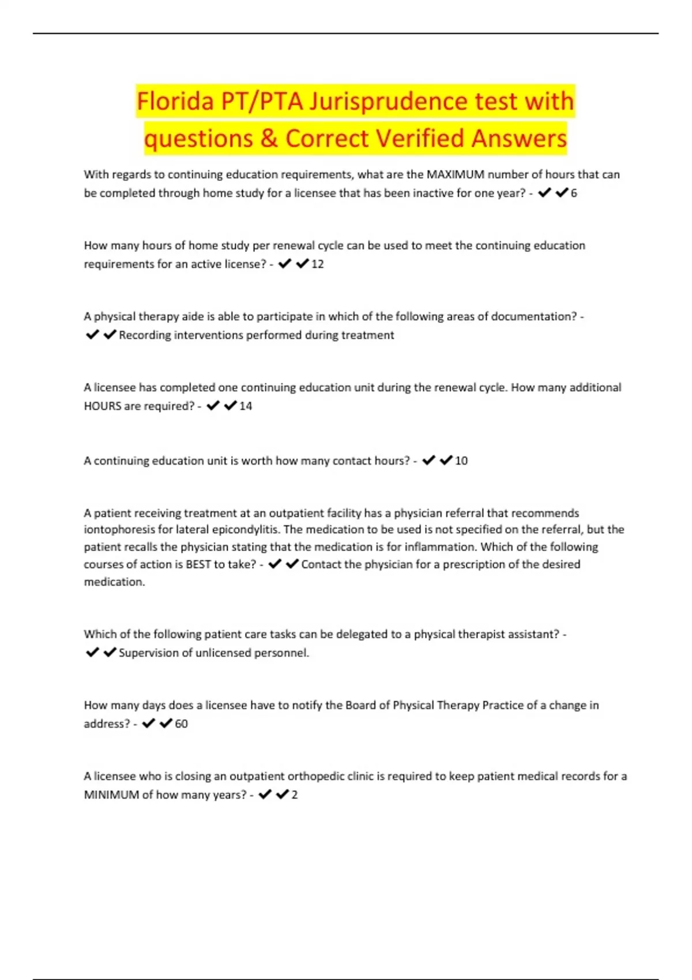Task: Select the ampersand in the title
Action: [269, 138]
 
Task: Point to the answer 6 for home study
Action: [574, 193]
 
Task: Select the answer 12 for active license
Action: [317, 264]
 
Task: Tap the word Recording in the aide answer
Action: [145, 335]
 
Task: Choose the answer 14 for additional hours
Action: [246, 406]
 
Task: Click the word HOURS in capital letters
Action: [103, 406]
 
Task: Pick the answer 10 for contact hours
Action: [461, 461]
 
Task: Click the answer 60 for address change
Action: [181, 723]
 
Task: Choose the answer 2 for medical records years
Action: [295, 794]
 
